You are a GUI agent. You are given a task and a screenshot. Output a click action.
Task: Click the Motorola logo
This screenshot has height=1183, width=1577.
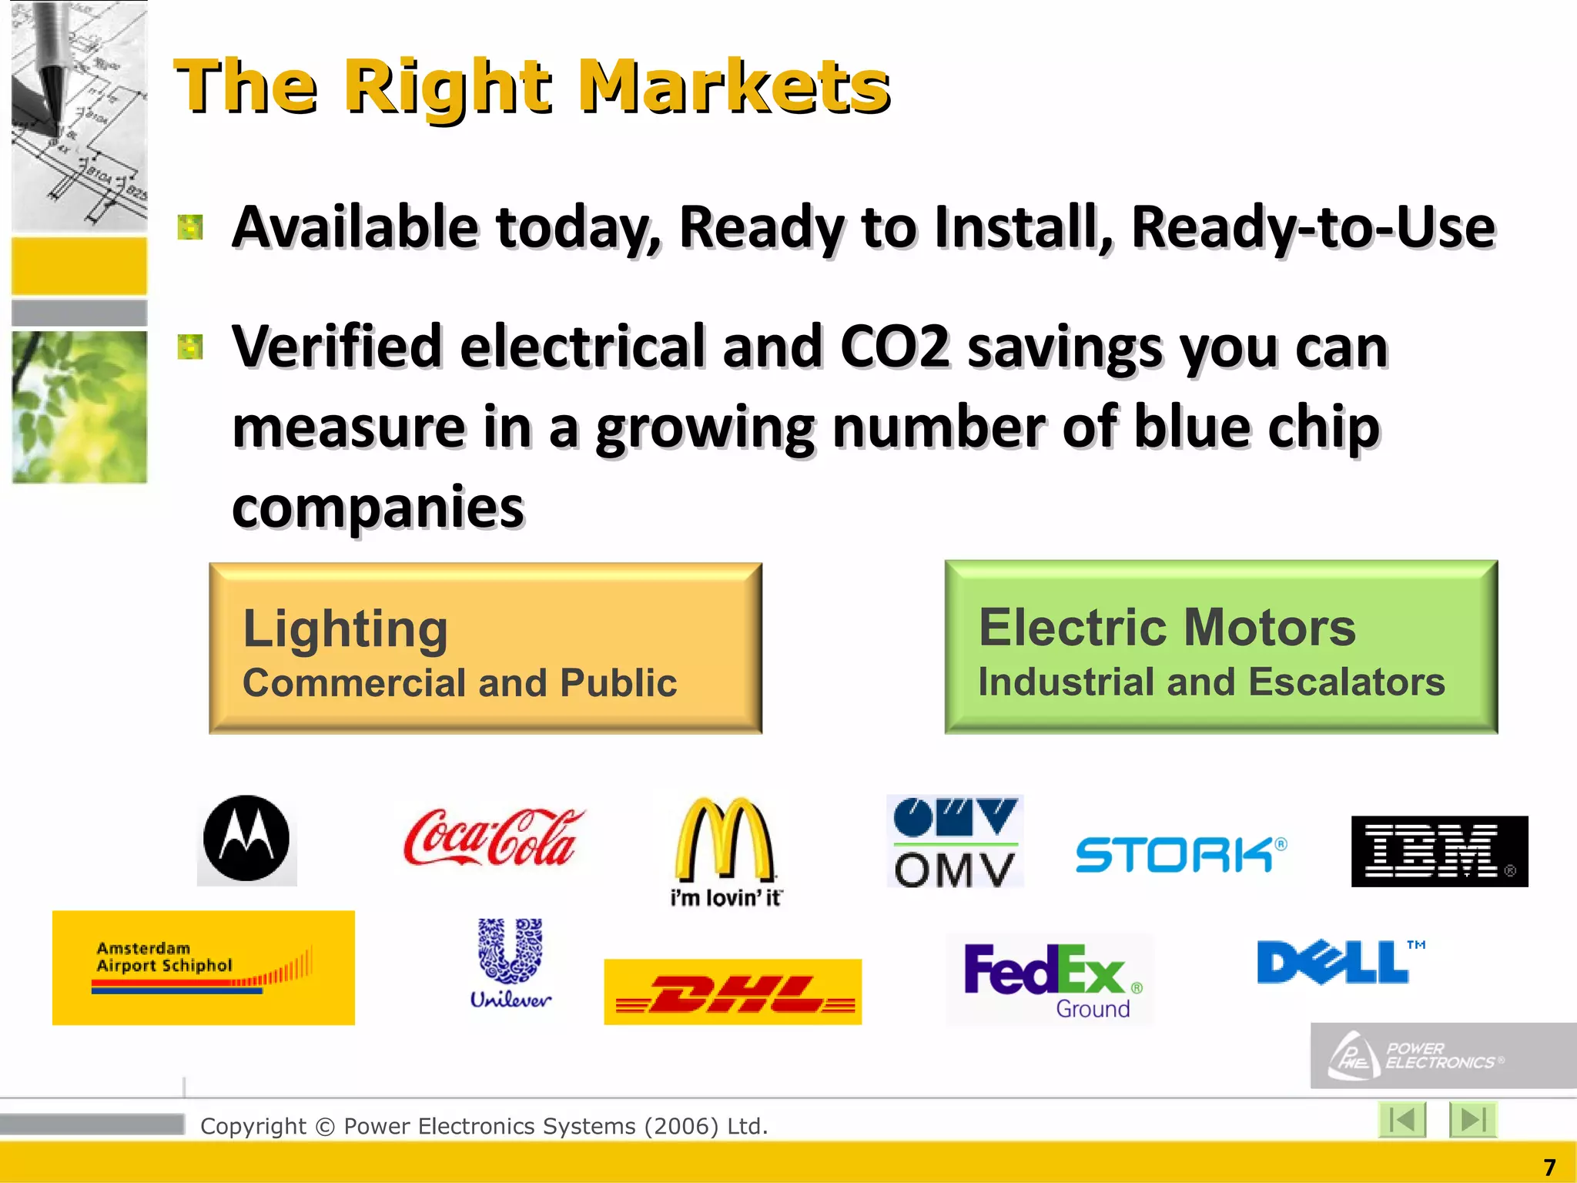246,839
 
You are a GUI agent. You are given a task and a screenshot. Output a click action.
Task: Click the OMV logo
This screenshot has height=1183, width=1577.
955,841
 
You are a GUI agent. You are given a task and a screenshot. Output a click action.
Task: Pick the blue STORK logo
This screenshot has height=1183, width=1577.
1180,855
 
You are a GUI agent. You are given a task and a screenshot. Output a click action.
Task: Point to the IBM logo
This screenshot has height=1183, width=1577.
1439,851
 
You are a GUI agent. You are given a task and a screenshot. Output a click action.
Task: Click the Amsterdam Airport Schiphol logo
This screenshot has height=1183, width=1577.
203,967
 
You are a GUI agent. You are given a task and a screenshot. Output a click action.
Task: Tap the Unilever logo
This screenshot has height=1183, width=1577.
511,963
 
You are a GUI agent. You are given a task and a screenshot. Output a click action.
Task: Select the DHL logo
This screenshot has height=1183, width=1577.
732,992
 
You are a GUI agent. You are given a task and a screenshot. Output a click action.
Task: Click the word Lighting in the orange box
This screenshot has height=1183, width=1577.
345,629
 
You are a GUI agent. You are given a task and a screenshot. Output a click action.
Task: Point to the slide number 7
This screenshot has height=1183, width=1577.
1550,1167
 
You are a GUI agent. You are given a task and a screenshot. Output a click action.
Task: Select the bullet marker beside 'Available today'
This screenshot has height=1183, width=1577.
190,227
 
